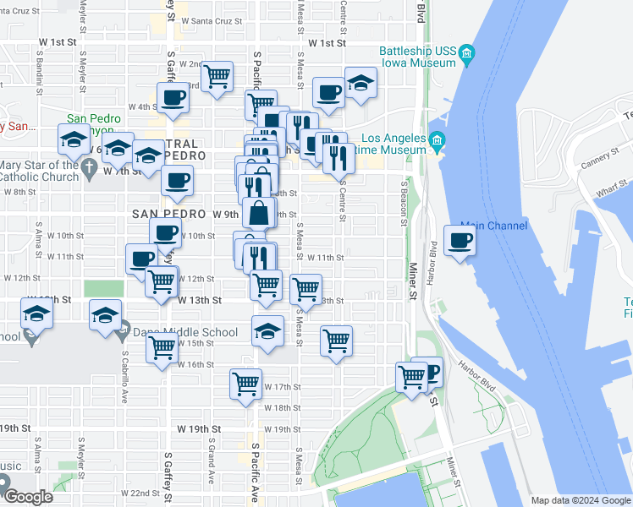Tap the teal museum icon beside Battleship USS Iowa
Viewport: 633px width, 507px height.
tap(466, 57)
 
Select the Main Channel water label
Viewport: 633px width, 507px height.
tap(493, 226)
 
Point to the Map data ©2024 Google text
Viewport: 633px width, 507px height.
tap(580, 500)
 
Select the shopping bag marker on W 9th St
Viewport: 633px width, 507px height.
tap(259, 213)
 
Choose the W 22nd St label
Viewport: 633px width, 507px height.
tap(140, 493)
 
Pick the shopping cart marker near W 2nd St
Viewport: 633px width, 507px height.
tap(218, 76)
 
